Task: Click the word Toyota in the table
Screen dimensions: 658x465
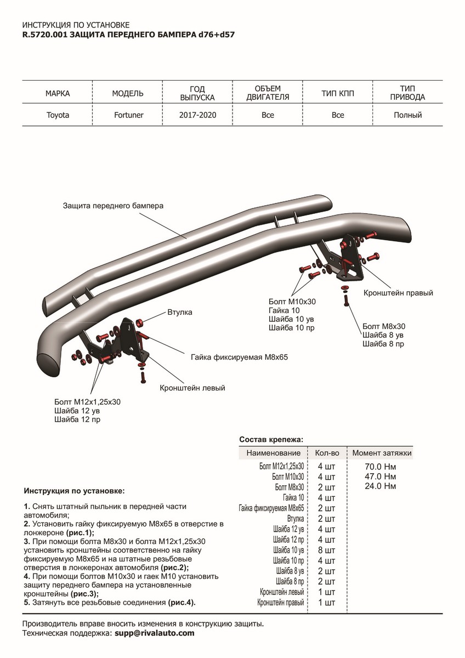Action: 58,115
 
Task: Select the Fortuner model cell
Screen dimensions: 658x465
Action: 128,115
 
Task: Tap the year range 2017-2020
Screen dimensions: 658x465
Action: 197,115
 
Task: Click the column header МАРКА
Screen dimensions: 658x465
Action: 58,94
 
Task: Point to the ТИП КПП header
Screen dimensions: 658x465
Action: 338,94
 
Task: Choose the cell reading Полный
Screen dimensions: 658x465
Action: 407,115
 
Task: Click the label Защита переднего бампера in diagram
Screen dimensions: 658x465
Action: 113,206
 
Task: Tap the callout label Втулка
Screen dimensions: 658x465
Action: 179,313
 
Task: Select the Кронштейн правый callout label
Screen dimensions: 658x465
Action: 398,293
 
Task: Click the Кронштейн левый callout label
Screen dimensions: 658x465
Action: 192,388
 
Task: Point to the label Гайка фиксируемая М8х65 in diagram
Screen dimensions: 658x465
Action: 240,356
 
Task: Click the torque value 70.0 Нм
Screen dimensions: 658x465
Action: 380,467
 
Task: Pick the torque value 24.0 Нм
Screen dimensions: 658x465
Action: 380,486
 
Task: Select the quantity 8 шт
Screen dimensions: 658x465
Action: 326,550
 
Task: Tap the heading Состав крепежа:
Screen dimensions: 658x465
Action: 271,440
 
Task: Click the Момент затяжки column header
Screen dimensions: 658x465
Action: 382,453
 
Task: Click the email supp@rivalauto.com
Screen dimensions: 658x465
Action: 154,633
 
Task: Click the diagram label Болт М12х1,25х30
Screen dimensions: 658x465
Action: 88,401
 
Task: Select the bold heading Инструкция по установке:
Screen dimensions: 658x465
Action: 75,490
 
